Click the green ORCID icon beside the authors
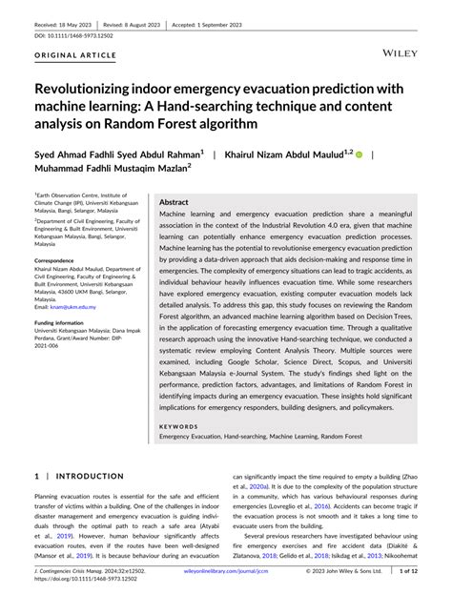tap(360, 153)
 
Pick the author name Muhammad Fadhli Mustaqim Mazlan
tap(110, 171)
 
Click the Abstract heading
tap(174, 202)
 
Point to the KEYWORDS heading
tap(180, 426)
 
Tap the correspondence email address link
tap(76, 306)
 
